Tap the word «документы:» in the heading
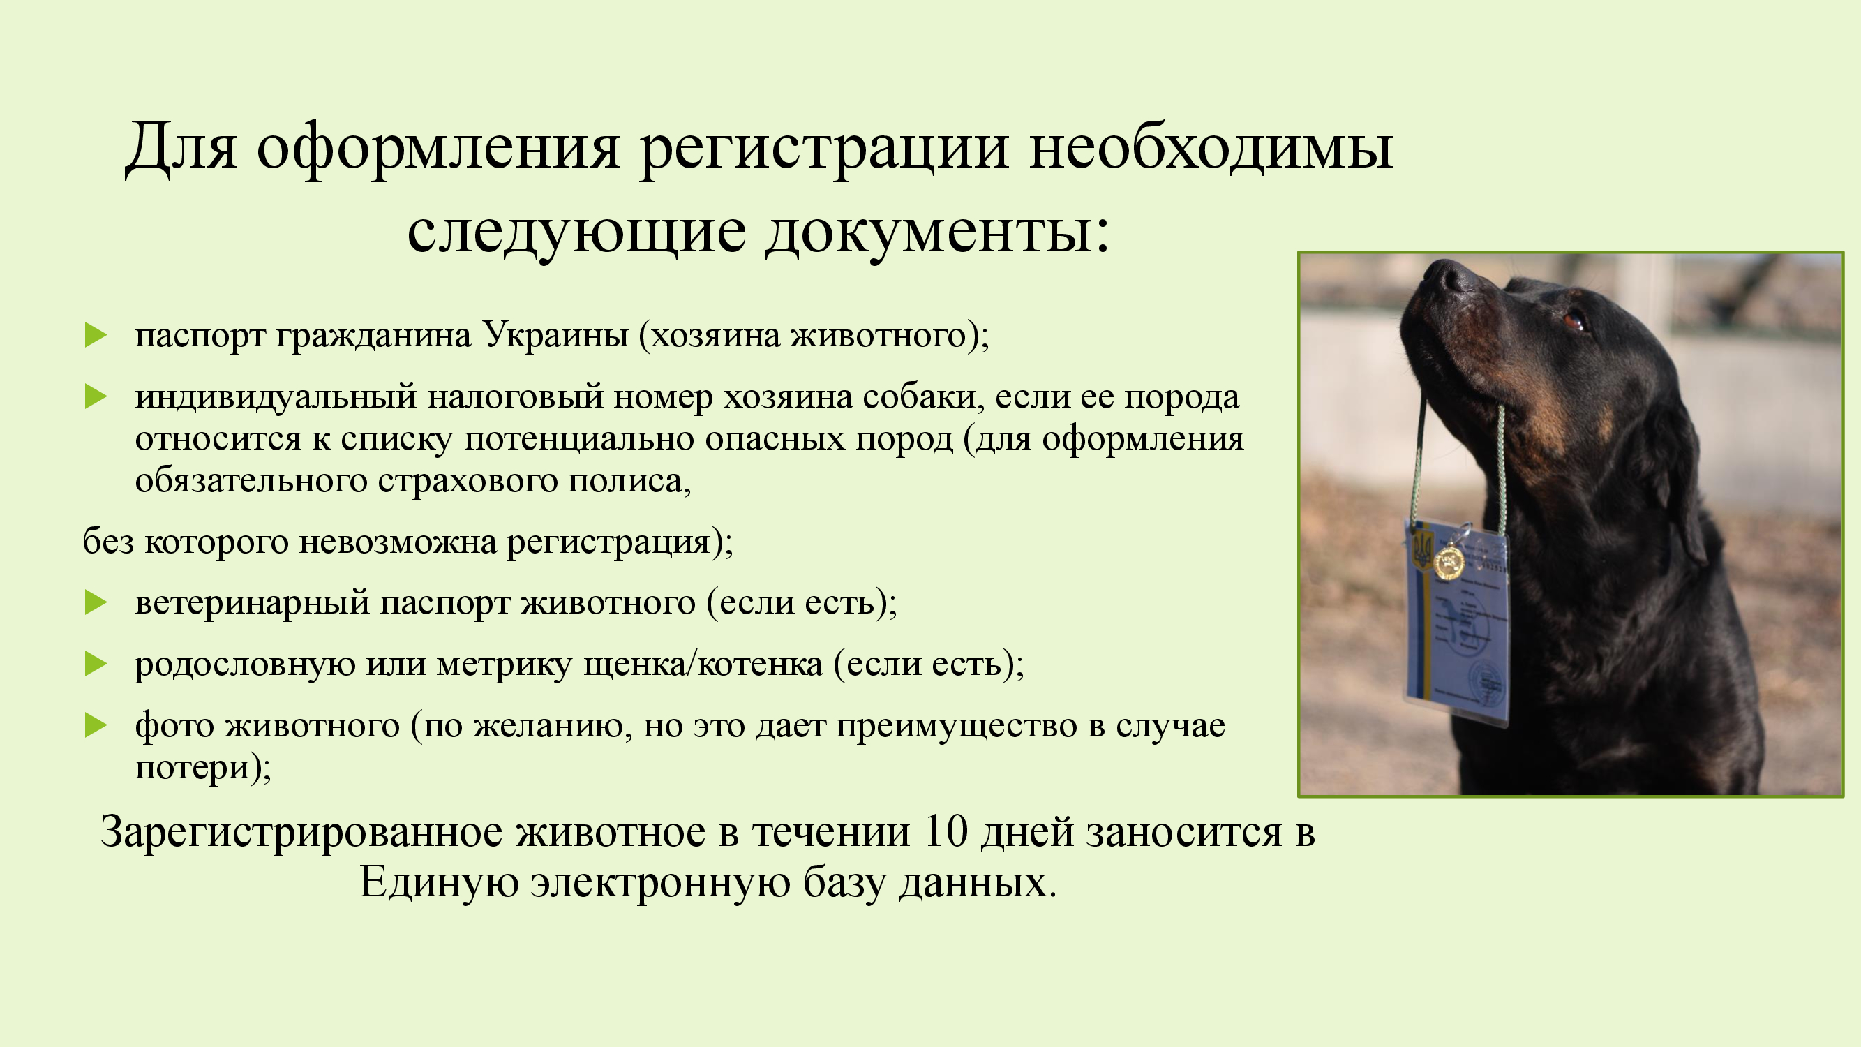(938, 233)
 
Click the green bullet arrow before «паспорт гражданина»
(96, 335)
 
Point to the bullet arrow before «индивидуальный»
(96, 396)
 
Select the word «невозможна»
(397, 542)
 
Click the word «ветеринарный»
(252, 603)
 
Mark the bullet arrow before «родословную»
(96, 664)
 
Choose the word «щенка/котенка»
(703, 664)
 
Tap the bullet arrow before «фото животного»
(96, 725)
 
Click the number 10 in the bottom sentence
(946, 833)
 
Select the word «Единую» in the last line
(439, 882)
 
